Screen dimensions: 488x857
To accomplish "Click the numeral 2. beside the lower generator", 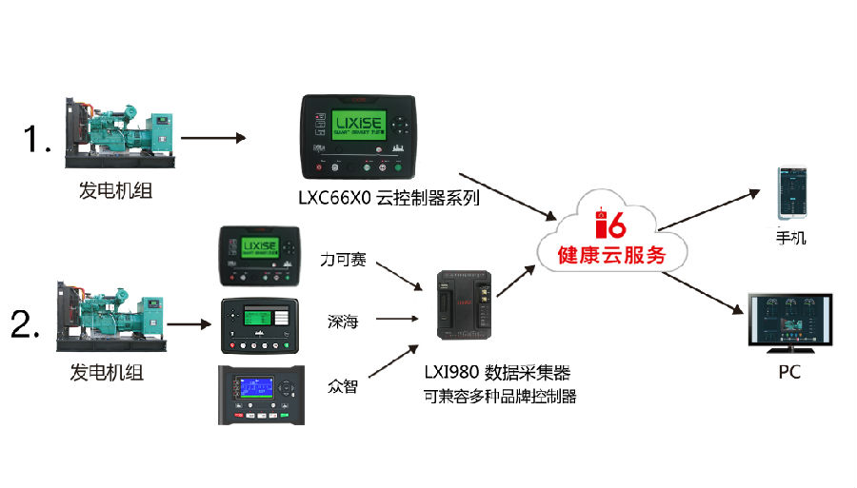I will pos(26,325).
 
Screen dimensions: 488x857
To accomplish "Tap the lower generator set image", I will pos(113,311).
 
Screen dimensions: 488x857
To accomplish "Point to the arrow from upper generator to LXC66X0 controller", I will pos(213,139).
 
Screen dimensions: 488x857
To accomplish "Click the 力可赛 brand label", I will pos(344,258).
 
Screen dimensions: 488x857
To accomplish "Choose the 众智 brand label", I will pos(341,386).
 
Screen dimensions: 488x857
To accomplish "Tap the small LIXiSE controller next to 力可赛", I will pos(259,255).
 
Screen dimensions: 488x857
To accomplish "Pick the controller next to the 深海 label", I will pos(259,324).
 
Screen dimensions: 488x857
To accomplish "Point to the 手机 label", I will pos(790,238).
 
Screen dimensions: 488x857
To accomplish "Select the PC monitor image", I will pos(789,322).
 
